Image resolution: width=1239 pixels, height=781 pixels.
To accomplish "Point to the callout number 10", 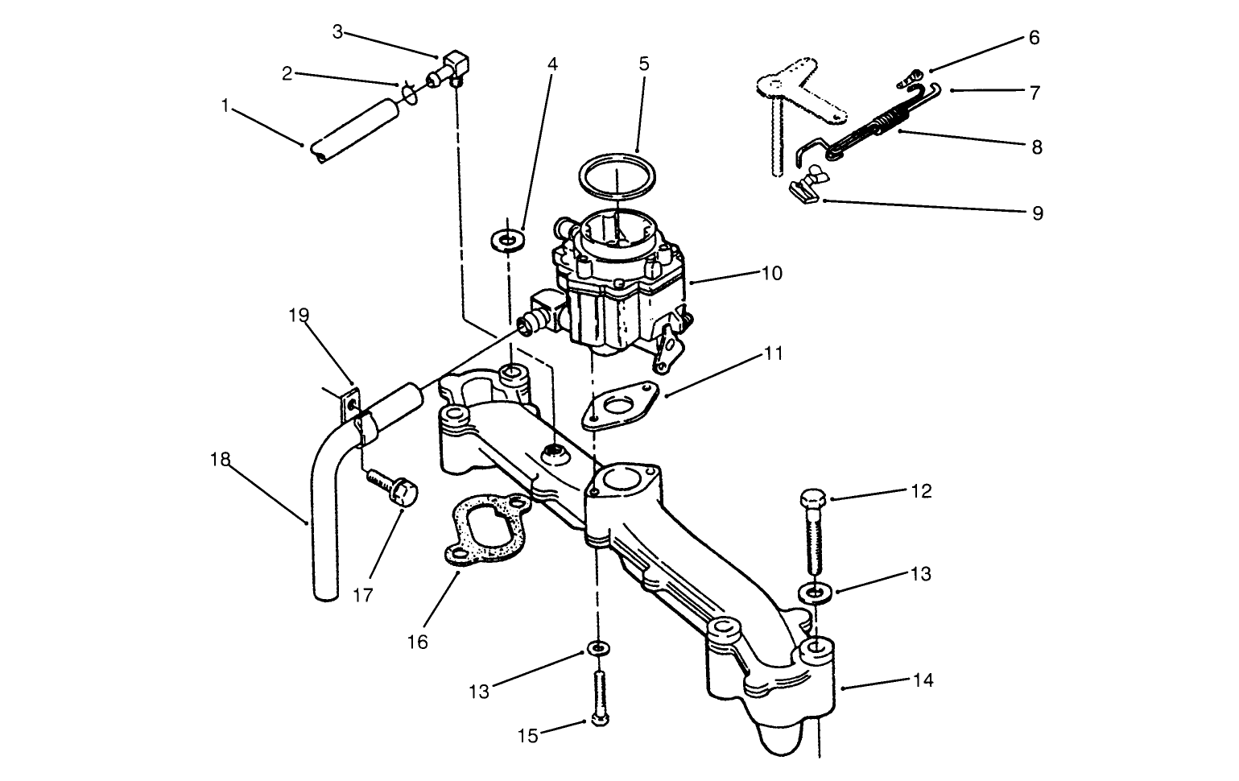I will pyautogui.click(x=771, y=273).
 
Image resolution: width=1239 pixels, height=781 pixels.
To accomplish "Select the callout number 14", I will pyautogui.click(x=923, y=680).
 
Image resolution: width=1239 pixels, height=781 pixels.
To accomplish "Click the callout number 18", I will pyautogui.click(x=219, y=459).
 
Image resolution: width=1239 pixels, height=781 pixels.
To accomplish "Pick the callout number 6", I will pyautogui.click(x=1034, y=38).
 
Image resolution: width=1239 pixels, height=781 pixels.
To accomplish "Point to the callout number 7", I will pyautogui.click(x=1035, y=93).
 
